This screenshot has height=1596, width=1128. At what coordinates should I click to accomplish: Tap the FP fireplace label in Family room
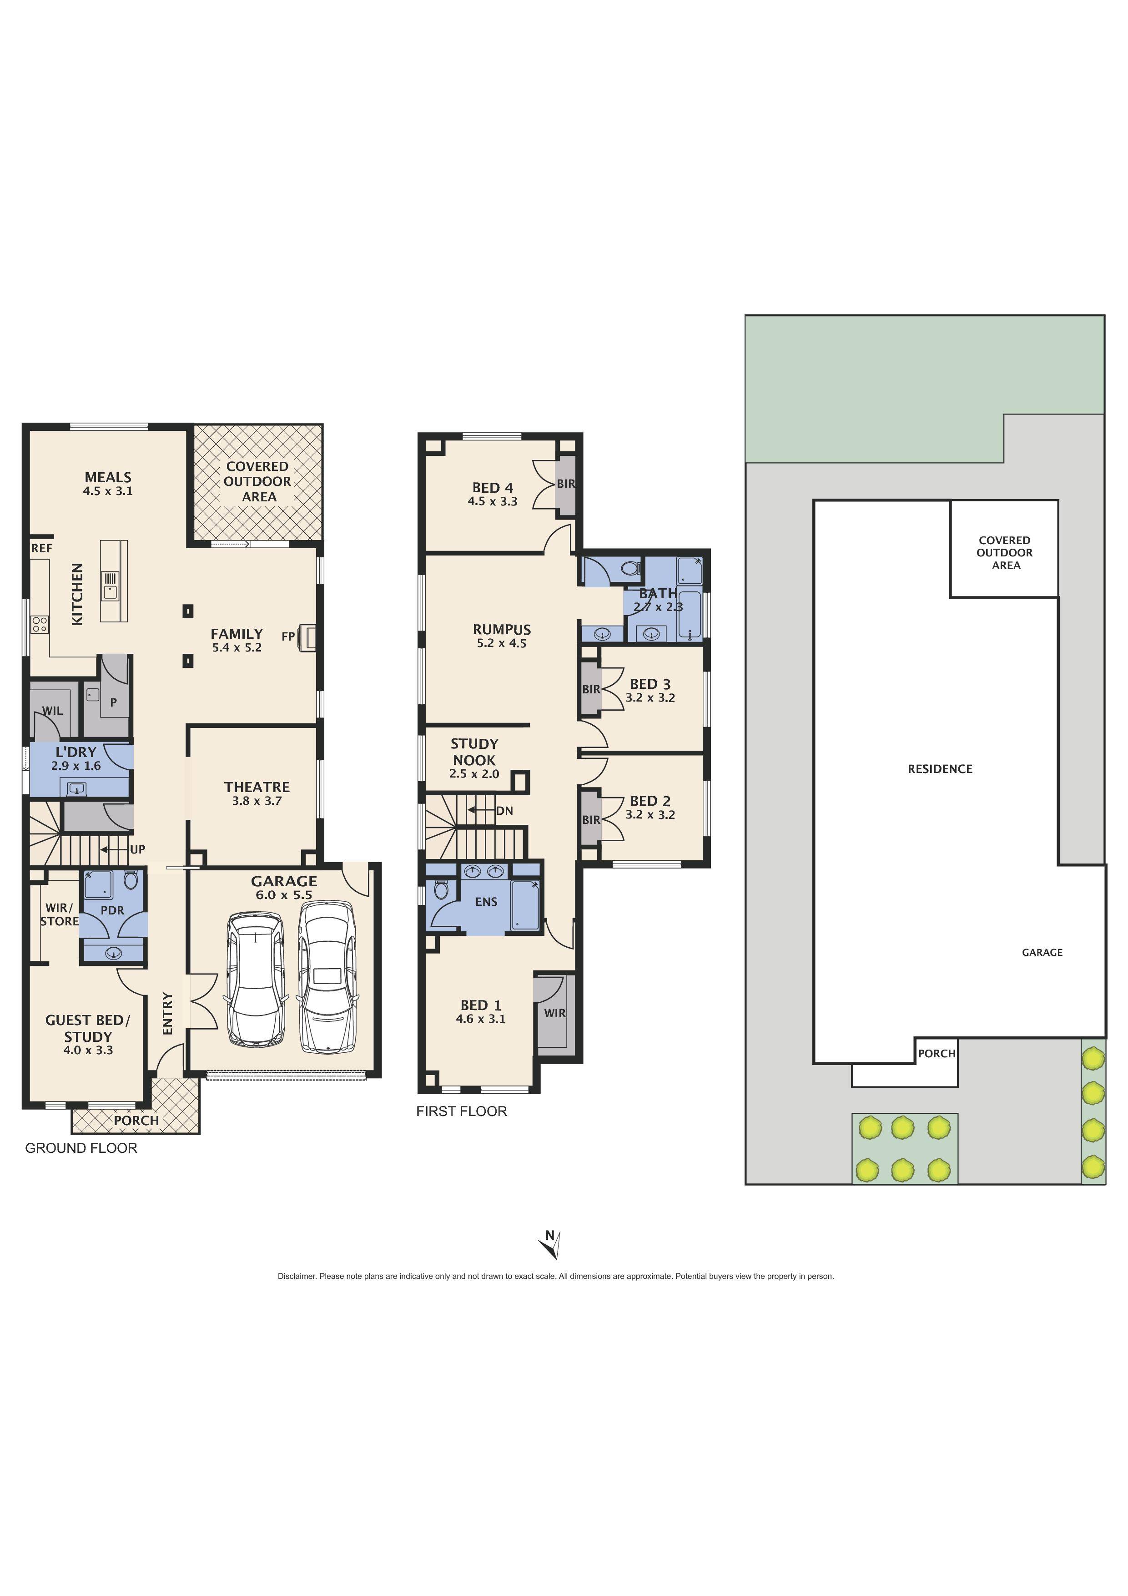tap(288, 636)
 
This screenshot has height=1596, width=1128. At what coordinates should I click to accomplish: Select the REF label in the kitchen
tap(42, 548)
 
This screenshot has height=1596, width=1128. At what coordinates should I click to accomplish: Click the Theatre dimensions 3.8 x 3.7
tap(257, 801)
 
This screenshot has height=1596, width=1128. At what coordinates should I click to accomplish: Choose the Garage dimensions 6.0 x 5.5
tap(283, 895)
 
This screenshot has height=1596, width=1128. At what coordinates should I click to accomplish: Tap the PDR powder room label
tap(113, 911)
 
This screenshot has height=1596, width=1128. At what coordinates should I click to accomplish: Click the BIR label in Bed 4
tap(566, 484)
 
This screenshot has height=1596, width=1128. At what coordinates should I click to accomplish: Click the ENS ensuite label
tap(487, 902)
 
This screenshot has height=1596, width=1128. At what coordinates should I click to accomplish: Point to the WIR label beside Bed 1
tap(554, 1014)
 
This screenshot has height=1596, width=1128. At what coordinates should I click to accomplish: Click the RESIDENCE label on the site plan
tap(940, 769)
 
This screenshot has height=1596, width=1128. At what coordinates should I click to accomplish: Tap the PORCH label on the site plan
tap(937, 1054)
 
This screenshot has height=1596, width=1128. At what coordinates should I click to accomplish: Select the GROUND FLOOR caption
tap(81, 1148)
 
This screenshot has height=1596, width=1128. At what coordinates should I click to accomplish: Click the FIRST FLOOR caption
tap(462, 1111)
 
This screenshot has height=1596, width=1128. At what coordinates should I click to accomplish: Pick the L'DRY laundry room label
tap(76, 752)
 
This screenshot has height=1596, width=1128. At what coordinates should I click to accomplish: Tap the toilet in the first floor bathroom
tap(629, 569)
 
